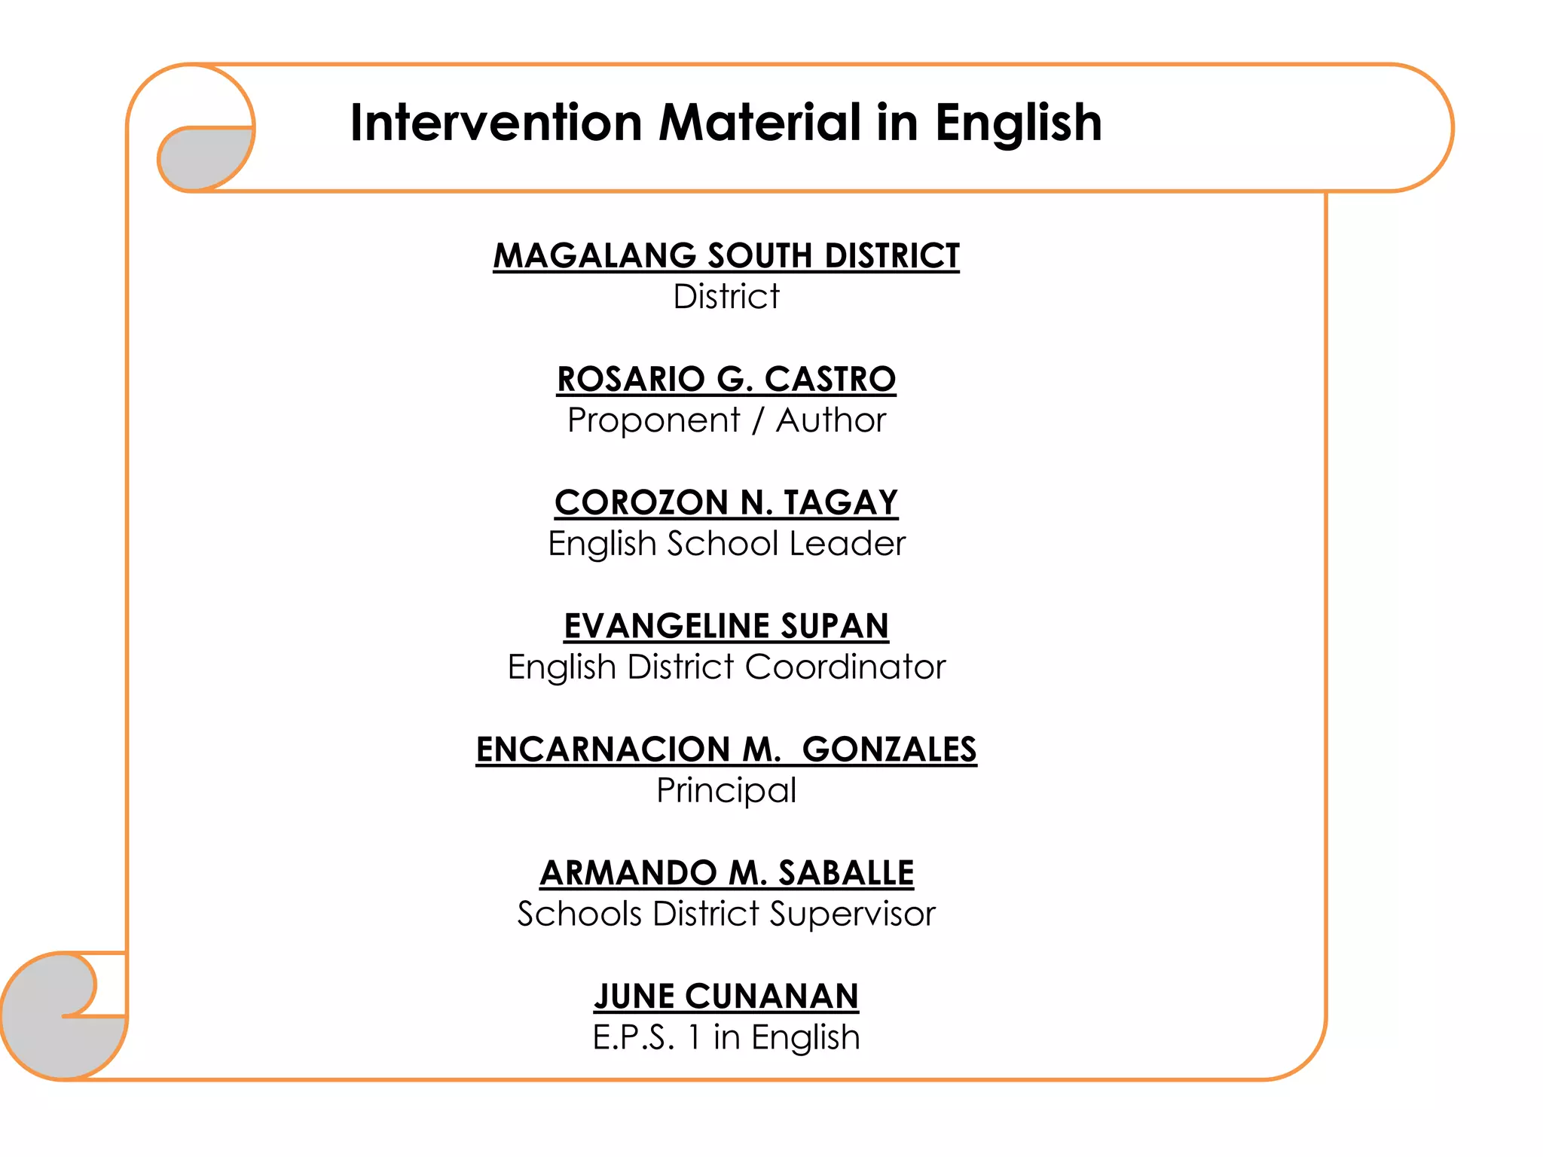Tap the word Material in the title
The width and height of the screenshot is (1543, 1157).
pyautogui.click(x=759, y=123)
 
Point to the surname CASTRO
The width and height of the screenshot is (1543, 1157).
pyautogui.click(x=830, y=379)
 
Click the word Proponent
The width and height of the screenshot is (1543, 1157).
pyautogui.click(x=653, y=420)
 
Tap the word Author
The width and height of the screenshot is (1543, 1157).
pyautogui.click(x=830, y=420)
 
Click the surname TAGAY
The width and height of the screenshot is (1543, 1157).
pyautogui.click(x=841, y=502)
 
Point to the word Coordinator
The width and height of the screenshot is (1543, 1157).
pyautogui.click(x=845, y=667)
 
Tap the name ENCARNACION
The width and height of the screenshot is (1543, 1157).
pyautogui.click(x=603, y=749)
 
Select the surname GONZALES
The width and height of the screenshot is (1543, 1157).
pyautogui.click(x=889, y=749)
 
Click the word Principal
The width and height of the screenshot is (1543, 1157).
pyautogui.click(x=726, y=791)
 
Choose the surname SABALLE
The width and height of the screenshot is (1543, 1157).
pyautogui.click(x=845, y=873)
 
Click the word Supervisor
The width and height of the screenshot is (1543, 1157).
pyautogui.click(x=852, y=914)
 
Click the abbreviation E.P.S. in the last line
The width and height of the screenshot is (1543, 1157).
pyautogui.click(x=633, y=1038)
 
